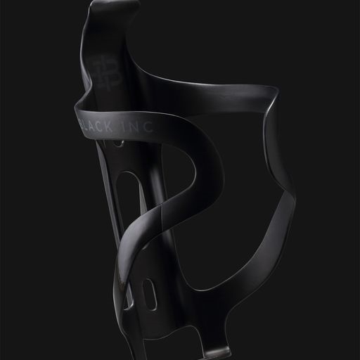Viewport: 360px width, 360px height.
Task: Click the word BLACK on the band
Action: pyautogui.click(x=96, y=127)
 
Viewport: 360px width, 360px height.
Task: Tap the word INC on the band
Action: pyautogui.click(x=138, y=127)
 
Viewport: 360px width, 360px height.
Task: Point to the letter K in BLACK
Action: pyautogui.click(x=108, y=127)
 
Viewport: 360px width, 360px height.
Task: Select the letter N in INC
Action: pyautogui.click(x=134, y=127)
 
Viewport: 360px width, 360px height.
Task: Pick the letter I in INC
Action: pyautogui.click(x=124, y=127)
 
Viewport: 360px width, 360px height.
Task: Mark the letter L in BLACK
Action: pyautogui.click(x=86, y=126)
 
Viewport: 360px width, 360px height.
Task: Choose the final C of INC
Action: pyautogui.click(x=149, y=127)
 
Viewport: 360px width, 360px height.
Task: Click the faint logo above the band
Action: pyautogui.click(x=107, y=73)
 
